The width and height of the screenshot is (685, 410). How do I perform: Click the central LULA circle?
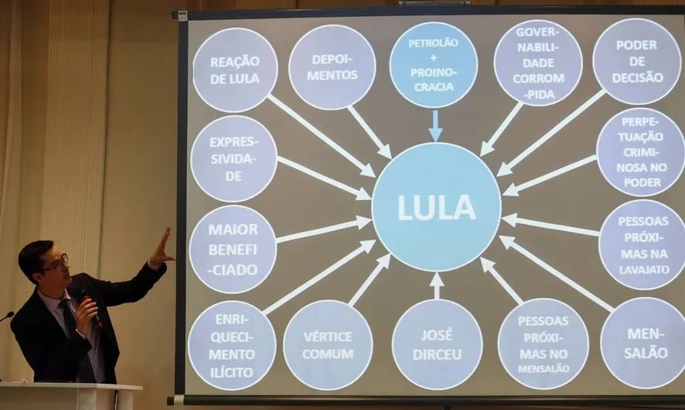pos(436,207)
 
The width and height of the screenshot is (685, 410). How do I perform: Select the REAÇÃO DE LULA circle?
pos(234,70)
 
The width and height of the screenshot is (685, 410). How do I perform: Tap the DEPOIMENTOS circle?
pos(332,67)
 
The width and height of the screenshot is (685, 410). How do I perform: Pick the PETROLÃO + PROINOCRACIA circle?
pos(433,65)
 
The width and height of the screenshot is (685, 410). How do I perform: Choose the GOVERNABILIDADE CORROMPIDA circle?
pos(537,63)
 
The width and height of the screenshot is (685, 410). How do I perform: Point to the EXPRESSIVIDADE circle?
pos(233,159)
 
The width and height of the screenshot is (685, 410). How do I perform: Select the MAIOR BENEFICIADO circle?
pos(232,248)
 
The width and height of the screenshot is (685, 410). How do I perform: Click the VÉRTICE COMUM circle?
pos(328,345)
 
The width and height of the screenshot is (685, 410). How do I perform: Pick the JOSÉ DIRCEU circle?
pos(437,344)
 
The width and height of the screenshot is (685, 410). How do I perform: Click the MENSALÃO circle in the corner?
pos(643,343)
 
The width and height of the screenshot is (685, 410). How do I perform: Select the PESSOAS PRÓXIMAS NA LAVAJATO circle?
pos(642,244)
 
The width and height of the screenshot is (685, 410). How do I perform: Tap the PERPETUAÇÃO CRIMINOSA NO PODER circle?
pos(640,152)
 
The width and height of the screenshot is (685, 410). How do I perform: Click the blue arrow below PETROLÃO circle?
pos(435,126)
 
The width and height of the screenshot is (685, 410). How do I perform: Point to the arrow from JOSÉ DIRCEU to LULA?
pos(437,285)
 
